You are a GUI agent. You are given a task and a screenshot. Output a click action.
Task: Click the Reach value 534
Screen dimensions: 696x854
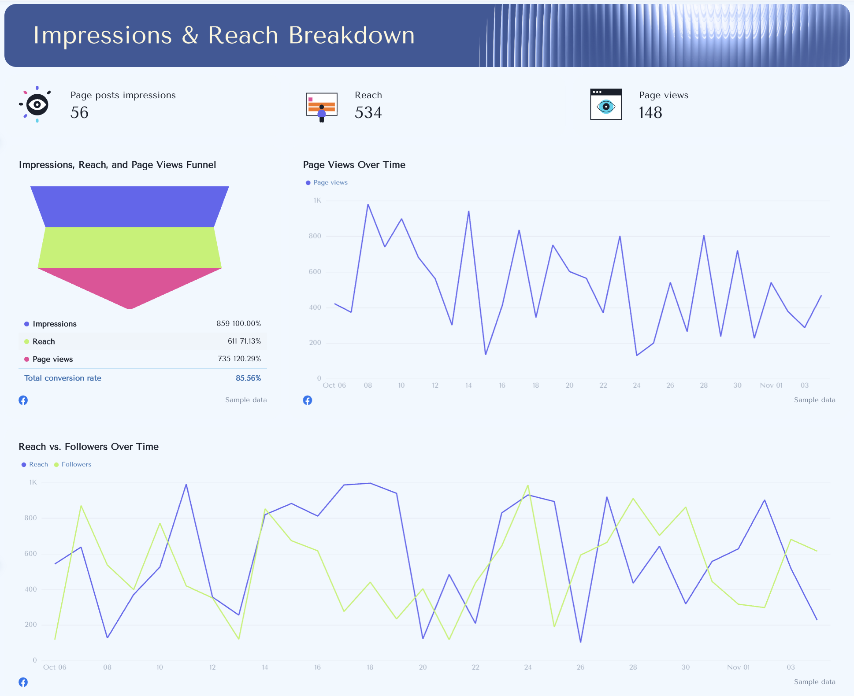click(x=368, y=113)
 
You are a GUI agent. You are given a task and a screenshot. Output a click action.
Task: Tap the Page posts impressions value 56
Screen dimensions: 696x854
click(x=79, y=113)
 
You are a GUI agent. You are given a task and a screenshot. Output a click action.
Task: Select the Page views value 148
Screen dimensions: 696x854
click(x=650, y=113)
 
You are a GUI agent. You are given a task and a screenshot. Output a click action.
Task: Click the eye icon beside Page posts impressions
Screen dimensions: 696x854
click(x=37, y=104)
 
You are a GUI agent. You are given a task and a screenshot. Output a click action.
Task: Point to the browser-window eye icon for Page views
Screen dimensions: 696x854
click(x=606, y=104)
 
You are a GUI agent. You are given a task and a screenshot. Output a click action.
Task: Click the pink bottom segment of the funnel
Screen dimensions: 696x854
click(x=130, y=284)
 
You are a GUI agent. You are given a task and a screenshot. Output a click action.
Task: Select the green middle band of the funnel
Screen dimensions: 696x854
click(x=130, y=248)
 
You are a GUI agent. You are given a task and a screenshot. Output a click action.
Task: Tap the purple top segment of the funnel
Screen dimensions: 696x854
click(x=130, y=207)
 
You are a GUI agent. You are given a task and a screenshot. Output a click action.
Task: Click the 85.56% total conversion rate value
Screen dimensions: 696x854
click(x=248, y=378)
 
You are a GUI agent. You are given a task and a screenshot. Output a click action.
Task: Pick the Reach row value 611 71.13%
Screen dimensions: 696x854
click(x=244, y=341)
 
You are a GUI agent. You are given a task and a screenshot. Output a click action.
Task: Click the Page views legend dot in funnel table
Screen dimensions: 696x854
click(x=27, y=359)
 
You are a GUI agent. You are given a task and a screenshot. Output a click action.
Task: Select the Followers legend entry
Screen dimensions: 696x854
click(x=76, y=464)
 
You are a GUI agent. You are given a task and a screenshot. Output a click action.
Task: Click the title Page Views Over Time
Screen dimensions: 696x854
click(x=354, y=165)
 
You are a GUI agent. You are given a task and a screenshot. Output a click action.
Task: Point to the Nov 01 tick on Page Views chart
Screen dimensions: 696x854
click(x=771, y=385)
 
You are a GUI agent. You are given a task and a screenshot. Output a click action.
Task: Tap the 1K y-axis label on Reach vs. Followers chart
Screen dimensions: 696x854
click(x=33, y=482)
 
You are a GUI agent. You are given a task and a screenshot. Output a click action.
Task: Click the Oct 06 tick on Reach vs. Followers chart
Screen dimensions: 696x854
click(x=55, y=667)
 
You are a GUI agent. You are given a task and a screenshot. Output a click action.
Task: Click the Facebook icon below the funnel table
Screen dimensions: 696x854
click(x=23, y=400)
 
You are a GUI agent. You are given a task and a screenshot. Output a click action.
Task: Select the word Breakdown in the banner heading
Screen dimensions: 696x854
click(x=352, y=35)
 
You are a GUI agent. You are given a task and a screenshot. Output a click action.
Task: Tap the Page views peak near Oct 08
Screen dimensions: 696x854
click(x=368, y=204)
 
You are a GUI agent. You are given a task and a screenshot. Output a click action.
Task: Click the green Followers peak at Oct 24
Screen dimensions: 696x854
click(x=528, y=485)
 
